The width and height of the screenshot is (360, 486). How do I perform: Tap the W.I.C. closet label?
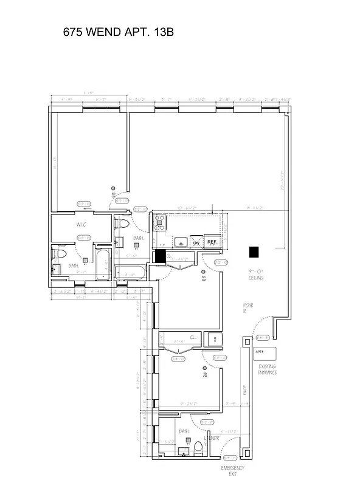(83, 225)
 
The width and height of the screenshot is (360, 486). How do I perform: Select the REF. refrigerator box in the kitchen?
(212, 242)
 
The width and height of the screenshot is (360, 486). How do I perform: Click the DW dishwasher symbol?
(196, 243)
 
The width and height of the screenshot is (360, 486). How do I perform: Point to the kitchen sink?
(181, 243)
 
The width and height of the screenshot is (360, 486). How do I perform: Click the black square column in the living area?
(254, 251)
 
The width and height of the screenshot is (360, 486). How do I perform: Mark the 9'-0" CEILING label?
(255, 275)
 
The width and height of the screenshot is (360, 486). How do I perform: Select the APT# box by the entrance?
(265, 353)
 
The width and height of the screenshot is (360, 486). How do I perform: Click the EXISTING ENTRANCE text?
(267, 369)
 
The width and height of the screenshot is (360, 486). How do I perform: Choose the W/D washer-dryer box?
(213, 339)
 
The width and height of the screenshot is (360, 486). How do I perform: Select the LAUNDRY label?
(212, 437)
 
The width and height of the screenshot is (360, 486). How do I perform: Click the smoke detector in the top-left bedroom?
(112, 189)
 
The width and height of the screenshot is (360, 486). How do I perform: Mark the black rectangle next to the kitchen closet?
(161, 256)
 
